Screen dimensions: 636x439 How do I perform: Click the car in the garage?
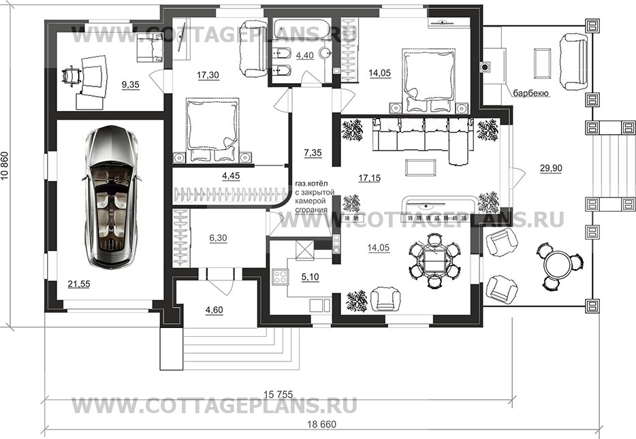(x=111, y=197)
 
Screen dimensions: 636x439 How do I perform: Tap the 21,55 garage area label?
(x=79, y=284)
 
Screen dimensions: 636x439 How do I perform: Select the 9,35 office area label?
(x=130, y=84)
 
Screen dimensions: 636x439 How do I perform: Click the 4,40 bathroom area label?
(x=304, y=55)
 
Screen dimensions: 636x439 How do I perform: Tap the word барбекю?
(x=531, y=94)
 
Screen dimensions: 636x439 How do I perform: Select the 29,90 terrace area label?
(x=551, y=168)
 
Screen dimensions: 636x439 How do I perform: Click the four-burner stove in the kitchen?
(x=280, y=277)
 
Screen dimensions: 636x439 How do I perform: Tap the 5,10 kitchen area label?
(x=311, y=277)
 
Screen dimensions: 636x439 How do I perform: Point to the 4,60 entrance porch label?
(x=214, y=310)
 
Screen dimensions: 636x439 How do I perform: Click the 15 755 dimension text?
(x=278, y=393)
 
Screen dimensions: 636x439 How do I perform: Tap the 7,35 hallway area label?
(x=313, y=153)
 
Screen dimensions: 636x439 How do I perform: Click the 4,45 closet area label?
(x=231, y=176)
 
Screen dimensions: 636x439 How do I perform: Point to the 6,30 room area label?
(x=218, y=238)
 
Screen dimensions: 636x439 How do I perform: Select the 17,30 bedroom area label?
(x=208, y=75)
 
